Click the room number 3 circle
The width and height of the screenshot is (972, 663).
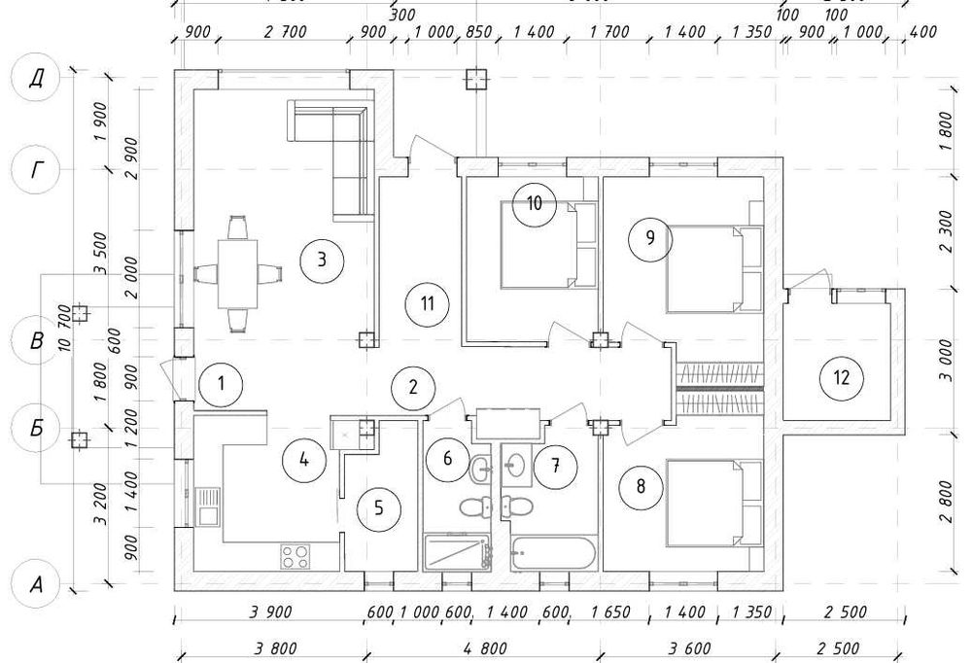pos(322,259)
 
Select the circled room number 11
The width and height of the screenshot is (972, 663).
pos(426,302)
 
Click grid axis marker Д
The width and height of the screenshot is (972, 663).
pos(35,78)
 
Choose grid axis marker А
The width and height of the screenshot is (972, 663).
pos(35,585)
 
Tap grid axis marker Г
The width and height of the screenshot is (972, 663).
pos(35,172)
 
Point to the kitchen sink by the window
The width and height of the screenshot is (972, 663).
pos(206,506)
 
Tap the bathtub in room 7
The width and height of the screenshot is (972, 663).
pos(551,555)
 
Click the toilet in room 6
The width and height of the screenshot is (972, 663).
pos(475,508)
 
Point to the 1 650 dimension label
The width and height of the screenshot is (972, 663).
pos(611,613)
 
